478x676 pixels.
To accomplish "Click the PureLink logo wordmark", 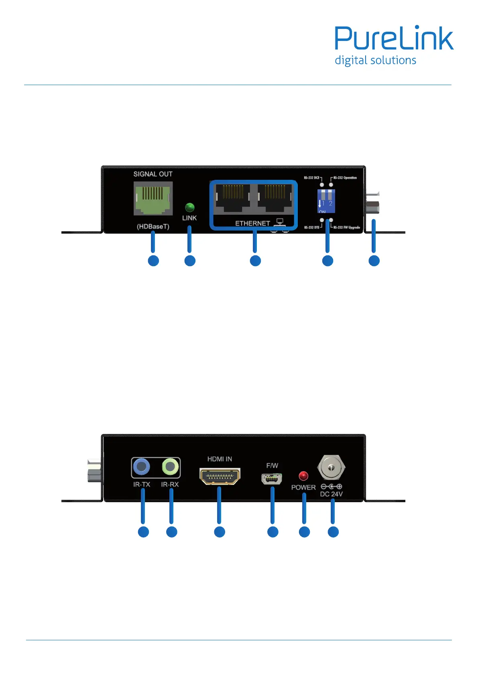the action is (x=394, y=39).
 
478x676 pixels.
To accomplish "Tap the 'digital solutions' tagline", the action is (x=375, y=61).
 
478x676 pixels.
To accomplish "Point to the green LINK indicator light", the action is (x=189, y=207).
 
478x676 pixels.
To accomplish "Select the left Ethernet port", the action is (x=233, y=198).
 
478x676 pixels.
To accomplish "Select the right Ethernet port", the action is (x=275, y=198).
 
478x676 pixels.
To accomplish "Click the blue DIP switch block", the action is (x=326, y=201).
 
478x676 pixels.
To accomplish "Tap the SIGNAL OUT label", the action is (x=153, y=174).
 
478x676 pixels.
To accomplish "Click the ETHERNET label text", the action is (x=252, y=224).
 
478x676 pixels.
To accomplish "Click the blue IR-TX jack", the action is (x=141, y=467).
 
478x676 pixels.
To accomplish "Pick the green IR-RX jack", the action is (x=170, y=467).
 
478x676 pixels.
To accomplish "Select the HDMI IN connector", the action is (x=220, y=476).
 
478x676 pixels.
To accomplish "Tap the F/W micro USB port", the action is (x=272, y=478).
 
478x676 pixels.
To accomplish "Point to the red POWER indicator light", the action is (x=303, y=476).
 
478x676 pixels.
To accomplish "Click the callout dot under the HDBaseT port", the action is (x=153, y=261).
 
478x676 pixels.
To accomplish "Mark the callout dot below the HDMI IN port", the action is (x=220, y=532).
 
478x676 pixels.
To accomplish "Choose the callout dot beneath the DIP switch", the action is (x=327, y=261).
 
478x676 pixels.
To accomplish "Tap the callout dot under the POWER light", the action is (x=304, y=532).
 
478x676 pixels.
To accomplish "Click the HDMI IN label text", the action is (x=220, y=459).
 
